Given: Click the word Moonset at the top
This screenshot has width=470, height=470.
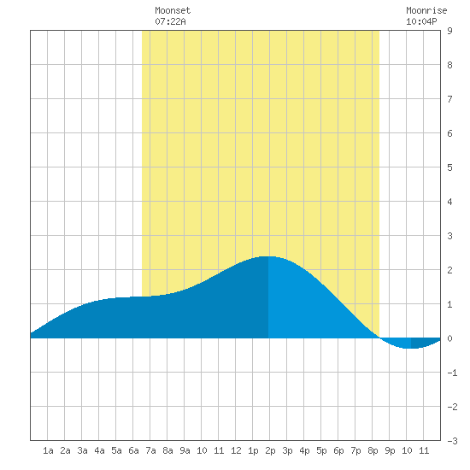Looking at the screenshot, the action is pos(173,10).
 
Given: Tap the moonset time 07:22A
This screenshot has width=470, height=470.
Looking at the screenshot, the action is pos(170,21).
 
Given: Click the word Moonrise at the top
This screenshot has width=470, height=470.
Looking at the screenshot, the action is pos(426,10).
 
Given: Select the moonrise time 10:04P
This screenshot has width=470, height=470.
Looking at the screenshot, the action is pos(421,21).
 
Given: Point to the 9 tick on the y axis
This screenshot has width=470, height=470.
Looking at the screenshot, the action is pos(449,31).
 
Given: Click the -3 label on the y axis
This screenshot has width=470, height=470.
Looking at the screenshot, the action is pos(452,441).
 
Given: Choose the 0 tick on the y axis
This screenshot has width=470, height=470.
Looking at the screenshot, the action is pos(449,338).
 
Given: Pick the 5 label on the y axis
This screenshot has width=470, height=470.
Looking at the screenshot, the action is pos(449,167).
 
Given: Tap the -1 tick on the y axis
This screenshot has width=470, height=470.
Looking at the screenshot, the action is pos(452,373).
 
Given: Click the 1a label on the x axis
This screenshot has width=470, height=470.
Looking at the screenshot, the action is pos(48,450).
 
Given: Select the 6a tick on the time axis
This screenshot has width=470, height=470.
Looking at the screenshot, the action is pos(133,450).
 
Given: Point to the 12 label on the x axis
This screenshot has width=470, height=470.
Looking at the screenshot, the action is pos(236,450).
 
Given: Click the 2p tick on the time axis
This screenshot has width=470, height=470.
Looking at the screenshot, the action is pos(270,450).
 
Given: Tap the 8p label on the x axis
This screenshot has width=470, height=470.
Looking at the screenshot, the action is pos(373,450).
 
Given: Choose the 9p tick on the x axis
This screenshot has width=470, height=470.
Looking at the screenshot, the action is pos(390,450).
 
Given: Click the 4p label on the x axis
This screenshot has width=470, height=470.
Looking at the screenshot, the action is pos(304,450).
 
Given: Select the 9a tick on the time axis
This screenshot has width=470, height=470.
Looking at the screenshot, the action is pos(185,450).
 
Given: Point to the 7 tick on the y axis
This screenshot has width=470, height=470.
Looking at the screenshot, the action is pos(449,99).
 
